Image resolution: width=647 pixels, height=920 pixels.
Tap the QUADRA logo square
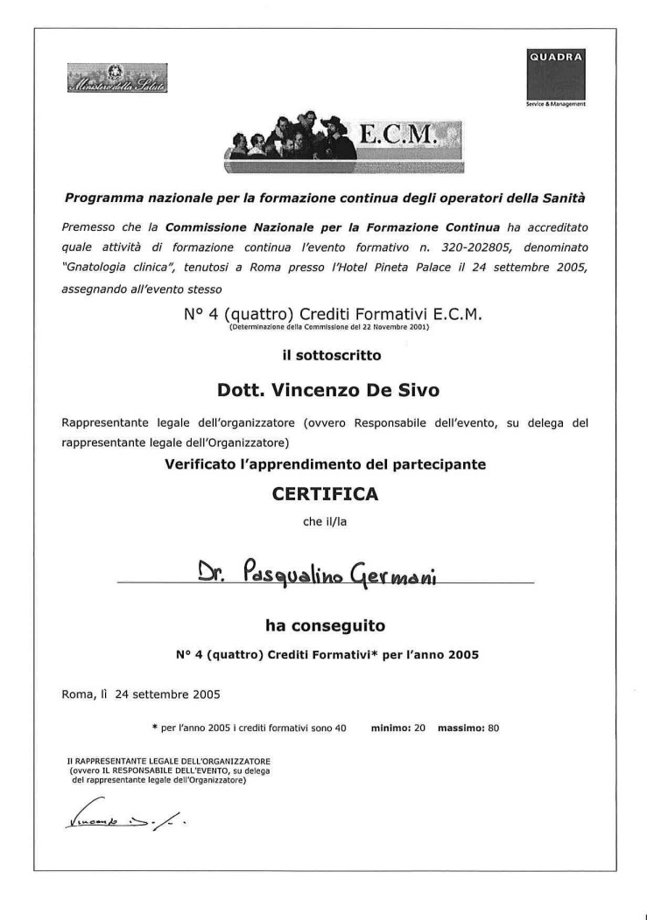(x=555, y=75)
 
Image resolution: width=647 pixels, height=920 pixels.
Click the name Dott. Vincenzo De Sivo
(x=325, y=387)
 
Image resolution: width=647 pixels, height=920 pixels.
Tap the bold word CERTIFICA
(x=325, y=494)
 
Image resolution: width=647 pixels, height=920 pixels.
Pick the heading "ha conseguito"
(x=325, y=625)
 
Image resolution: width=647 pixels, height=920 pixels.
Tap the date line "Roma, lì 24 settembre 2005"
(x=141, y=695)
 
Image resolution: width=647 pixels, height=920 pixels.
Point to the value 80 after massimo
(x=493, y=727)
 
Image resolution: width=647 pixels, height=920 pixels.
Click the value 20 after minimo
(x=419, y=727)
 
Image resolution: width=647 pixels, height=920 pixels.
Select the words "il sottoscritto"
(x=325, y=355)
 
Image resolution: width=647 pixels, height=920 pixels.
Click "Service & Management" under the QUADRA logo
(x=556, y=104)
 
